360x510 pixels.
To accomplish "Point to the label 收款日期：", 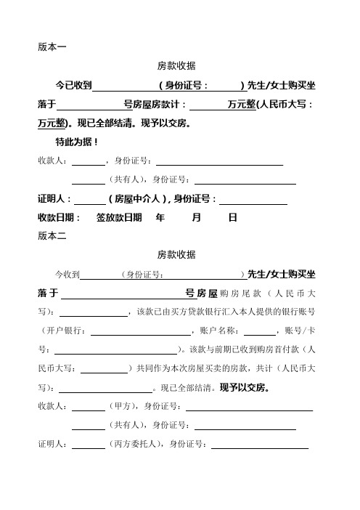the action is pyautogui.click(x=60, y=216).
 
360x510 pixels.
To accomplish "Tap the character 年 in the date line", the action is pyautogui.click(x=161, y=216).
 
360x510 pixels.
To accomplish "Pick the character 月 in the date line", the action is pyautogui.click(x=197, y=216).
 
